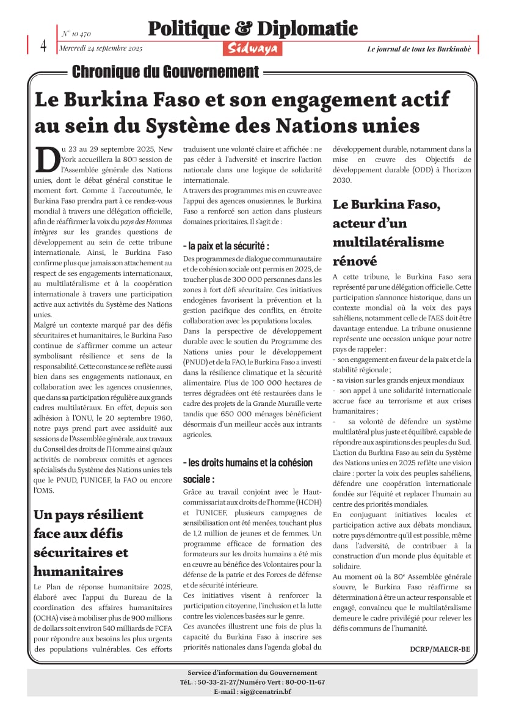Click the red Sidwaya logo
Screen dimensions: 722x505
click(252, 48)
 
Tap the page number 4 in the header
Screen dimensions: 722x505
click(43, 45)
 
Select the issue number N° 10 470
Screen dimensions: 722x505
click(76, 34)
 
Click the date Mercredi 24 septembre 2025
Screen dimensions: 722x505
click(101, 48)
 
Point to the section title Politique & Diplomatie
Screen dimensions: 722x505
click(253, 28)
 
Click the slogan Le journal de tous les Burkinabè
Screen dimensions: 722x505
click(419, 49)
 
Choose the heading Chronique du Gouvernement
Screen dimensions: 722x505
click(165, 72)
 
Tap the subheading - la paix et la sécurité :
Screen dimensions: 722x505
click(226, 246)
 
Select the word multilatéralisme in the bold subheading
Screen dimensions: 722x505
click(388, 243)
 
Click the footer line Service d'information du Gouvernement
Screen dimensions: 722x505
click(252, 672)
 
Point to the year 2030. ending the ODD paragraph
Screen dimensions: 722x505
click(342, 180)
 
